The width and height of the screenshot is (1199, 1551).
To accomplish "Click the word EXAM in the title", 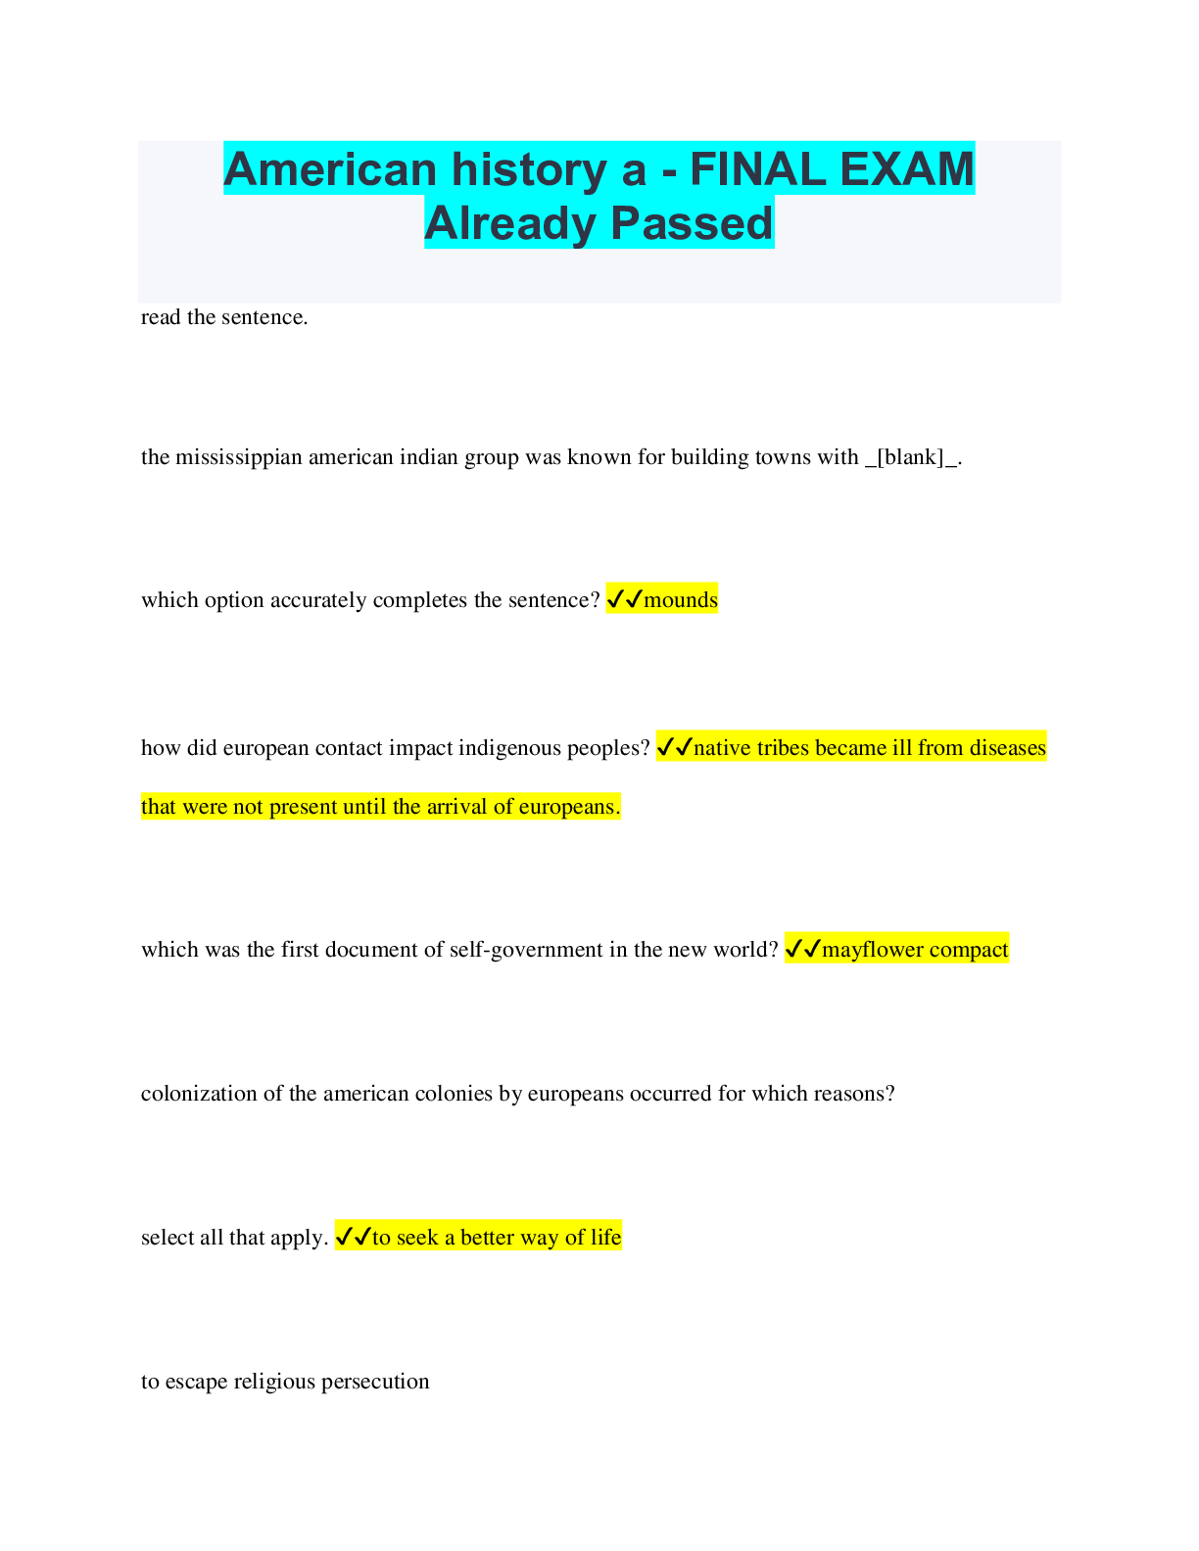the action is coord(907,169).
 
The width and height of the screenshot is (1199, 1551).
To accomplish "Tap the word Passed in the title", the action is coord(692,223).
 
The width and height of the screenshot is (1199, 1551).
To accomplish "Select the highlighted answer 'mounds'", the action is coord(681,599).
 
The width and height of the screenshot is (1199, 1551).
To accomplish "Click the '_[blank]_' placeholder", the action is coord(913,457).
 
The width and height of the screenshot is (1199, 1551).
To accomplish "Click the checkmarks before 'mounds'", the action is coord(625,599).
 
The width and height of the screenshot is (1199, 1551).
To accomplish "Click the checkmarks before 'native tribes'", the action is coord(675,747).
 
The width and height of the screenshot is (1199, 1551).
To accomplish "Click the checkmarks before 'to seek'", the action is coord(354,1237).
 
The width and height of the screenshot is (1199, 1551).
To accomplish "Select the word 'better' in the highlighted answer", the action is coord(490,1237).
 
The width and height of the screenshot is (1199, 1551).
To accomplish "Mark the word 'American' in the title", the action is coord(330,169).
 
